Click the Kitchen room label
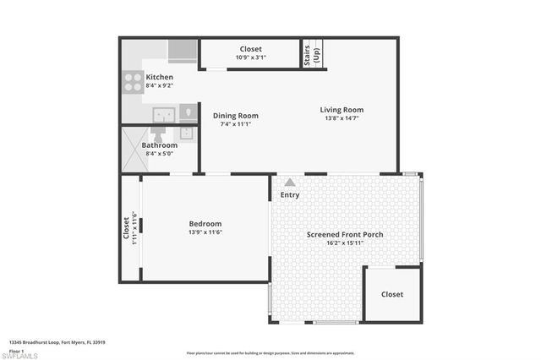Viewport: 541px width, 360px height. tap(160, 77)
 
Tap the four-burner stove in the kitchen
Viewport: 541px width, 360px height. tap(134, 82)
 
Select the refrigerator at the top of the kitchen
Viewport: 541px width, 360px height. tap(181, 52)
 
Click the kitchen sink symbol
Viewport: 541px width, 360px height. tap(163, 114)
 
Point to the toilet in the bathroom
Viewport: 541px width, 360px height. tap(159, 134)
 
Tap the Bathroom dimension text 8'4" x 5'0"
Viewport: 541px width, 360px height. tap(160, 154)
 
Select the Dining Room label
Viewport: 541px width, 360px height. tap(235, 116)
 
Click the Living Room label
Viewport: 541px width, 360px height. tap(342, 110)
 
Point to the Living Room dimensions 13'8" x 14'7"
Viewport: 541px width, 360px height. tap(342, 119)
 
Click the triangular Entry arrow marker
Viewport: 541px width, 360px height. tap(290, 182)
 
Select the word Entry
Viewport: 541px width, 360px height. tap(290, 195)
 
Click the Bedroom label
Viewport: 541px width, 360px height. tap(205, 224)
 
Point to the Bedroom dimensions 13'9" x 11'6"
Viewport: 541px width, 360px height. tap(205, 232)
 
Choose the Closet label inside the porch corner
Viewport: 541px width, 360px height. tap(392, 294)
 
